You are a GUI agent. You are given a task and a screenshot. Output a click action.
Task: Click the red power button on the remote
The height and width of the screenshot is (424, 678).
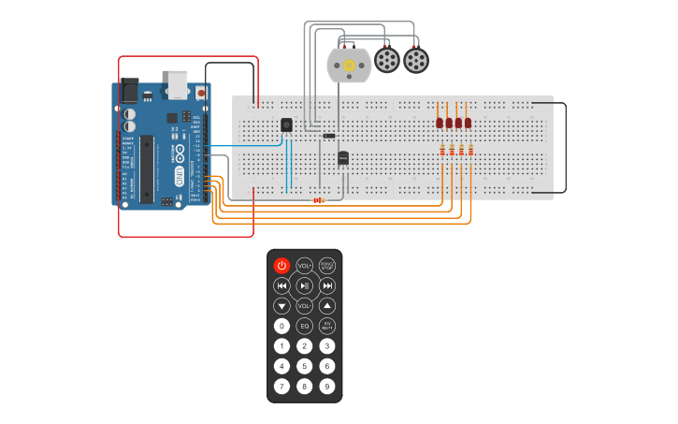click(x=281, y=265)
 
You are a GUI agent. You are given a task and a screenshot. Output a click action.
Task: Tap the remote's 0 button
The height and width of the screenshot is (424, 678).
click(x=281, y=326)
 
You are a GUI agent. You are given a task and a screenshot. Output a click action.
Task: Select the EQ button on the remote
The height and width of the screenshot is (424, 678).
click(x=304, y=326)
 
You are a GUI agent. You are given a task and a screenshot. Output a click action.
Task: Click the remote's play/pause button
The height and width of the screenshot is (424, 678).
click(x=304, y=285)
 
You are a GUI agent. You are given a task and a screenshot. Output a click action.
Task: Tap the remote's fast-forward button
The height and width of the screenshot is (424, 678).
click(x=327, y=285)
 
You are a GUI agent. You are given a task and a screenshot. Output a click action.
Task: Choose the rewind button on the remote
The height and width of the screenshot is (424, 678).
click(x=281, y=285)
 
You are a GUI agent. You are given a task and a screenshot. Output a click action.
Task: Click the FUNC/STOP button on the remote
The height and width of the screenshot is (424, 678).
click(x=327, y=265)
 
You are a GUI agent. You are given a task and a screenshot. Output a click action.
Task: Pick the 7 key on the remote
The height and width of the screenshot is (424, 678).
click(x=281, y=386)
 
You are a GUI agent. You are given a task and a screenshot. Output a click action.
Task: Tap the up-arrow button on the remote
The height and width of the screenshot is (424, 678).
click(x=327, y=306)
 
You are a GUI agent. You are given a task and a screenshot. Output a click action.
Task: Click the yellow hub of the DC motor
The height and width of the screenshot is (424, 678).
click(x=350, y=66)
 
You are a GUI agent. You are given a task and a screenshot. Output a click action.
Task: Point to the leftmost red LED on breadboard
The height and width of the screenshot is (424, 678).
click(x=440, y=123)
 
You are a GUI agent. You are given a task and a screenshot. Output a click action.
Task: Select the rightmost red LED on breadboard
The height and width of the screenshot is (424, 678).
click(x=468, y=123)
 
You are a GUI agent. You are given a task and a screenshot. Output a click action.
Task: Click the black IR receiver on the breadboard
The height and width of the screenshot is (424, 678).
click(x=286, y=124)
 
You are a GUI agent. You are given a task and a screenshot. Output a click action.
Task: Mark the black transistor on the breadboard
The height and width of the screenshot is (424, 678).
click(x=343, y=157)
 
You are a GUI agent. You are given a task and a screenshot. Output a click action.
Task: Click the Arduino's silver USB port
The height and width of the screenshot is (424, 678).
click(x=177, y=83)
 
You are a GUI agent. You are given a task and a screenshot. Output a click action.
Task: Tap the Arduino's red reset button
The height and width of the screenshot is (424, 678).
click(x=201, y=93)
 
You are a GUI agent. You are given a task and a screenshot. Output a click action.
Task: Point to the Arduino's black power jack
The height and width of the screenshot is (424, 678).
click(x=129, y=90)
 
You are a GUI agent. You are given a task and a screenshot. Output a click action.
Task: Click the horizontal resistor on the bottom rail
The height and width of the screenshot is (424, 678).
click(x=318, y=199)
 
